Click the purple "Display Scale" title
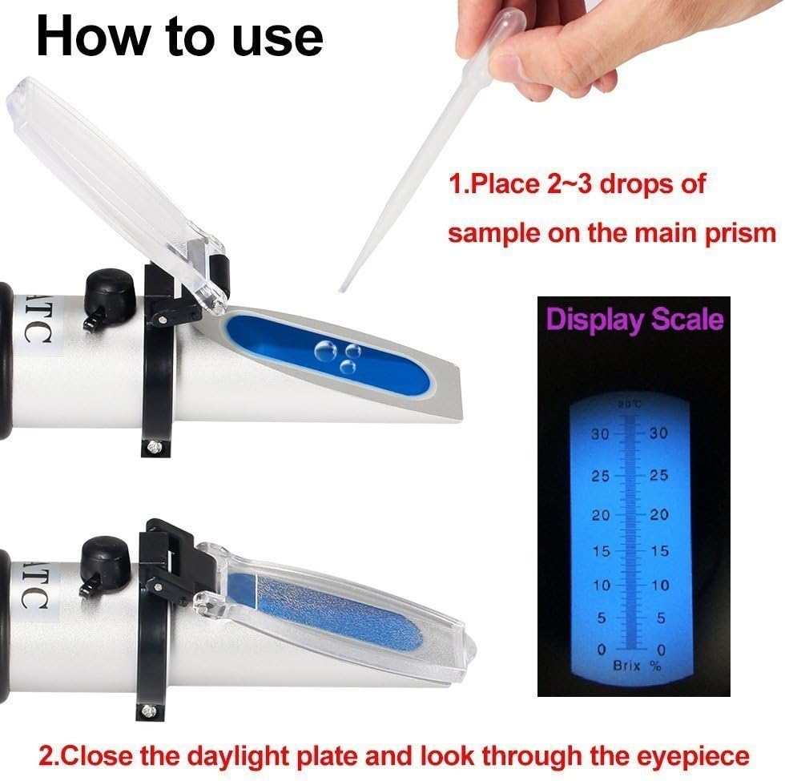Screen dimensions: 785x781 (634, 320)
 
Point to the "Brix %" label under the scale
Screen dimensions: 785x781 (638, 666)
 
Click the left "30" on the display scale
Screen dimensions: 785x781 (600, 434)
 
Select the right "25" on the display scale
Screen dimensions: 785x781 (658, 474)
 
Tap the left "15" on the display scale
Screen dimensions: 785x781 (601, 551)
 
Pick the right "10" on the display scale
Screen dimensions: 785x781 (660, 585)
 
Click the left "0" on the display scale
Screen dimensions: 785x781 (602, 650)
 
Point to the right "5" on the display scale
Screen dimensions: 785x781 (661, 618)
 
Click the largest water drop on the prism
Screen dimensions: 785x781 (325, 351)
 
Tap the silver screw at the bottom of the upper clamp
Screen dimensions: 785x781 (151, 445)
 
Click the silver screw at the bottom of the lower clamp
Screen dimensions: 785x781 (146, 710)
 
